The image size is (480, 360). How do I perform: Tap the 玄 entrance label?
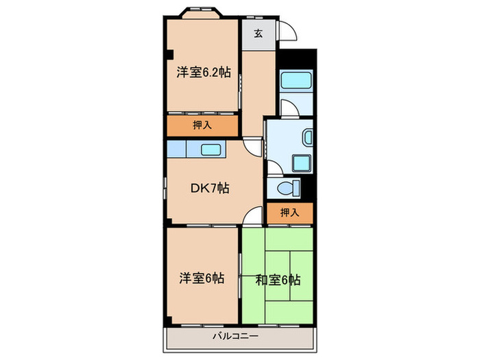[258, 34]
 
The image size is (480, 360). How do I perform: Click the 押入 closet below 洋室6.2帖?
[202, 125]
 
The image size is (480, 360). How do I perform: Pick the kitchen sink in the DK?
[211, 149]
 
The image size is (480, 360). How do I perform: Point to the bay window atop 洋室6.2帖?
[202, 13]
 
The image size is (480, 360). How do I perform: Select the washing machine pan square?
[301, 163]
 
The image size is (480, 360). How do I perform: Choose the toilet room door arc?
[272, 167]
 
